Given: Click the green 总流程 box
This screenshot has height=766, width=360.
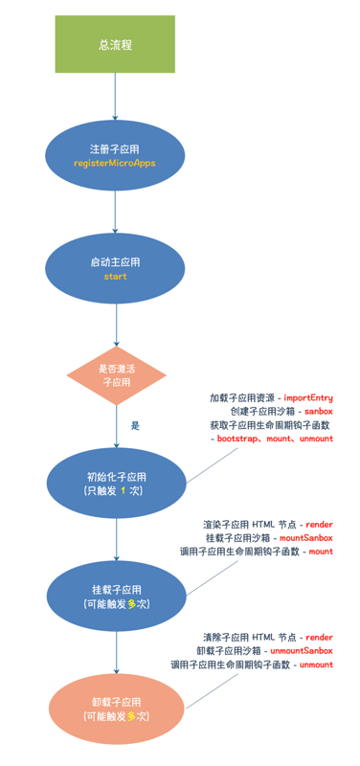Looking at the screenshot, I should click(115, 44).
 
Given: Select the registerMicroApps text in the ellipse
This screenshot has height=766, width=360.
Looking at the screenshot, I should click(115, 164).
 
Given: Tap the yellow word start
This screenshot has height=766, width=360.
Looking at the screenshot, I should click(115, 276).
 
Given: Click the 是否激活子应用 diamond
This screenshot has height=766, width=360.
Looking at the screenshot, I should click(115, 374).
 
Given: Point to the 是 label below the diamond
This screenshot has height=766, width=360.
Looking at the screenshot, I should click(135, 424).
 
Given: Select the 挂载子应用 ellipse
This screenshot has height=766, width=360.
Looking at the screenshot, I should click(115, 597).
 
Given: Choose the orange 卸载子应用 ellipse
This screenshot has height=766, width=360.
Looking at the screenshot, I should click(115, 709).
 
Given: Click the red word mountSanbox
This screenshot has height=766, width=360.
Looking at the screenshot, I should click(306, 538).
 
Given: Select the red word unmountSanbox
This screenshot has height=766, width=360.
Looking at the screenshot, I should click(302, 650).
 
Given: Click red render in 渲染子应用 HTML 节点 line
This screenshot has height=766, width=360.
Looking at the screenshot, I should click(319, 524).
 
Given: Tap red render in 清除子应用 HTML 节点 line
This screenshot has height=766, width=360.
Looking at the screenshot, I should click(319, 636).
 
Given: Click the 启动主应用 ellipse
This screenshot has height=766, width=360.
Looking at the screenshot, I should click(115, 268).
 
